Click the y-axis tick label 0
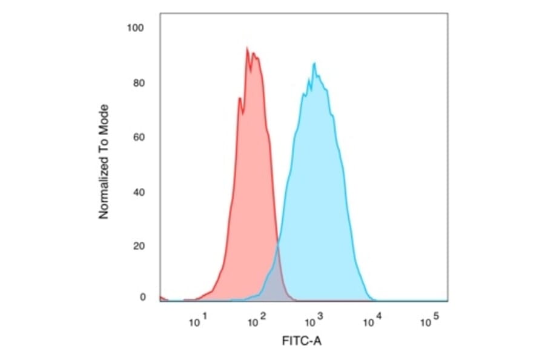(x=142, y=297)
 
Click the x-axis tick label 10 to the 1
(x=199, y=321)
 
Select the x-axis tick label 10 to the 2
(x=257, y=321)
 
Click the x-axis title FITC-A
(x=302, y=341)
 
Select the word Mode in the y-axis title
(x=104, y=118)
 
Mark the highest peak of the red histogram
(x=247, y=48)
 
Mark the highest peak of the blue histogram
(x=314, y=64)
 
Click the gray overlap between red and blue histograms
(x=275, y=279)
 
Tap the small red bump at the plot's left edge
(x=162, y=298)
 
